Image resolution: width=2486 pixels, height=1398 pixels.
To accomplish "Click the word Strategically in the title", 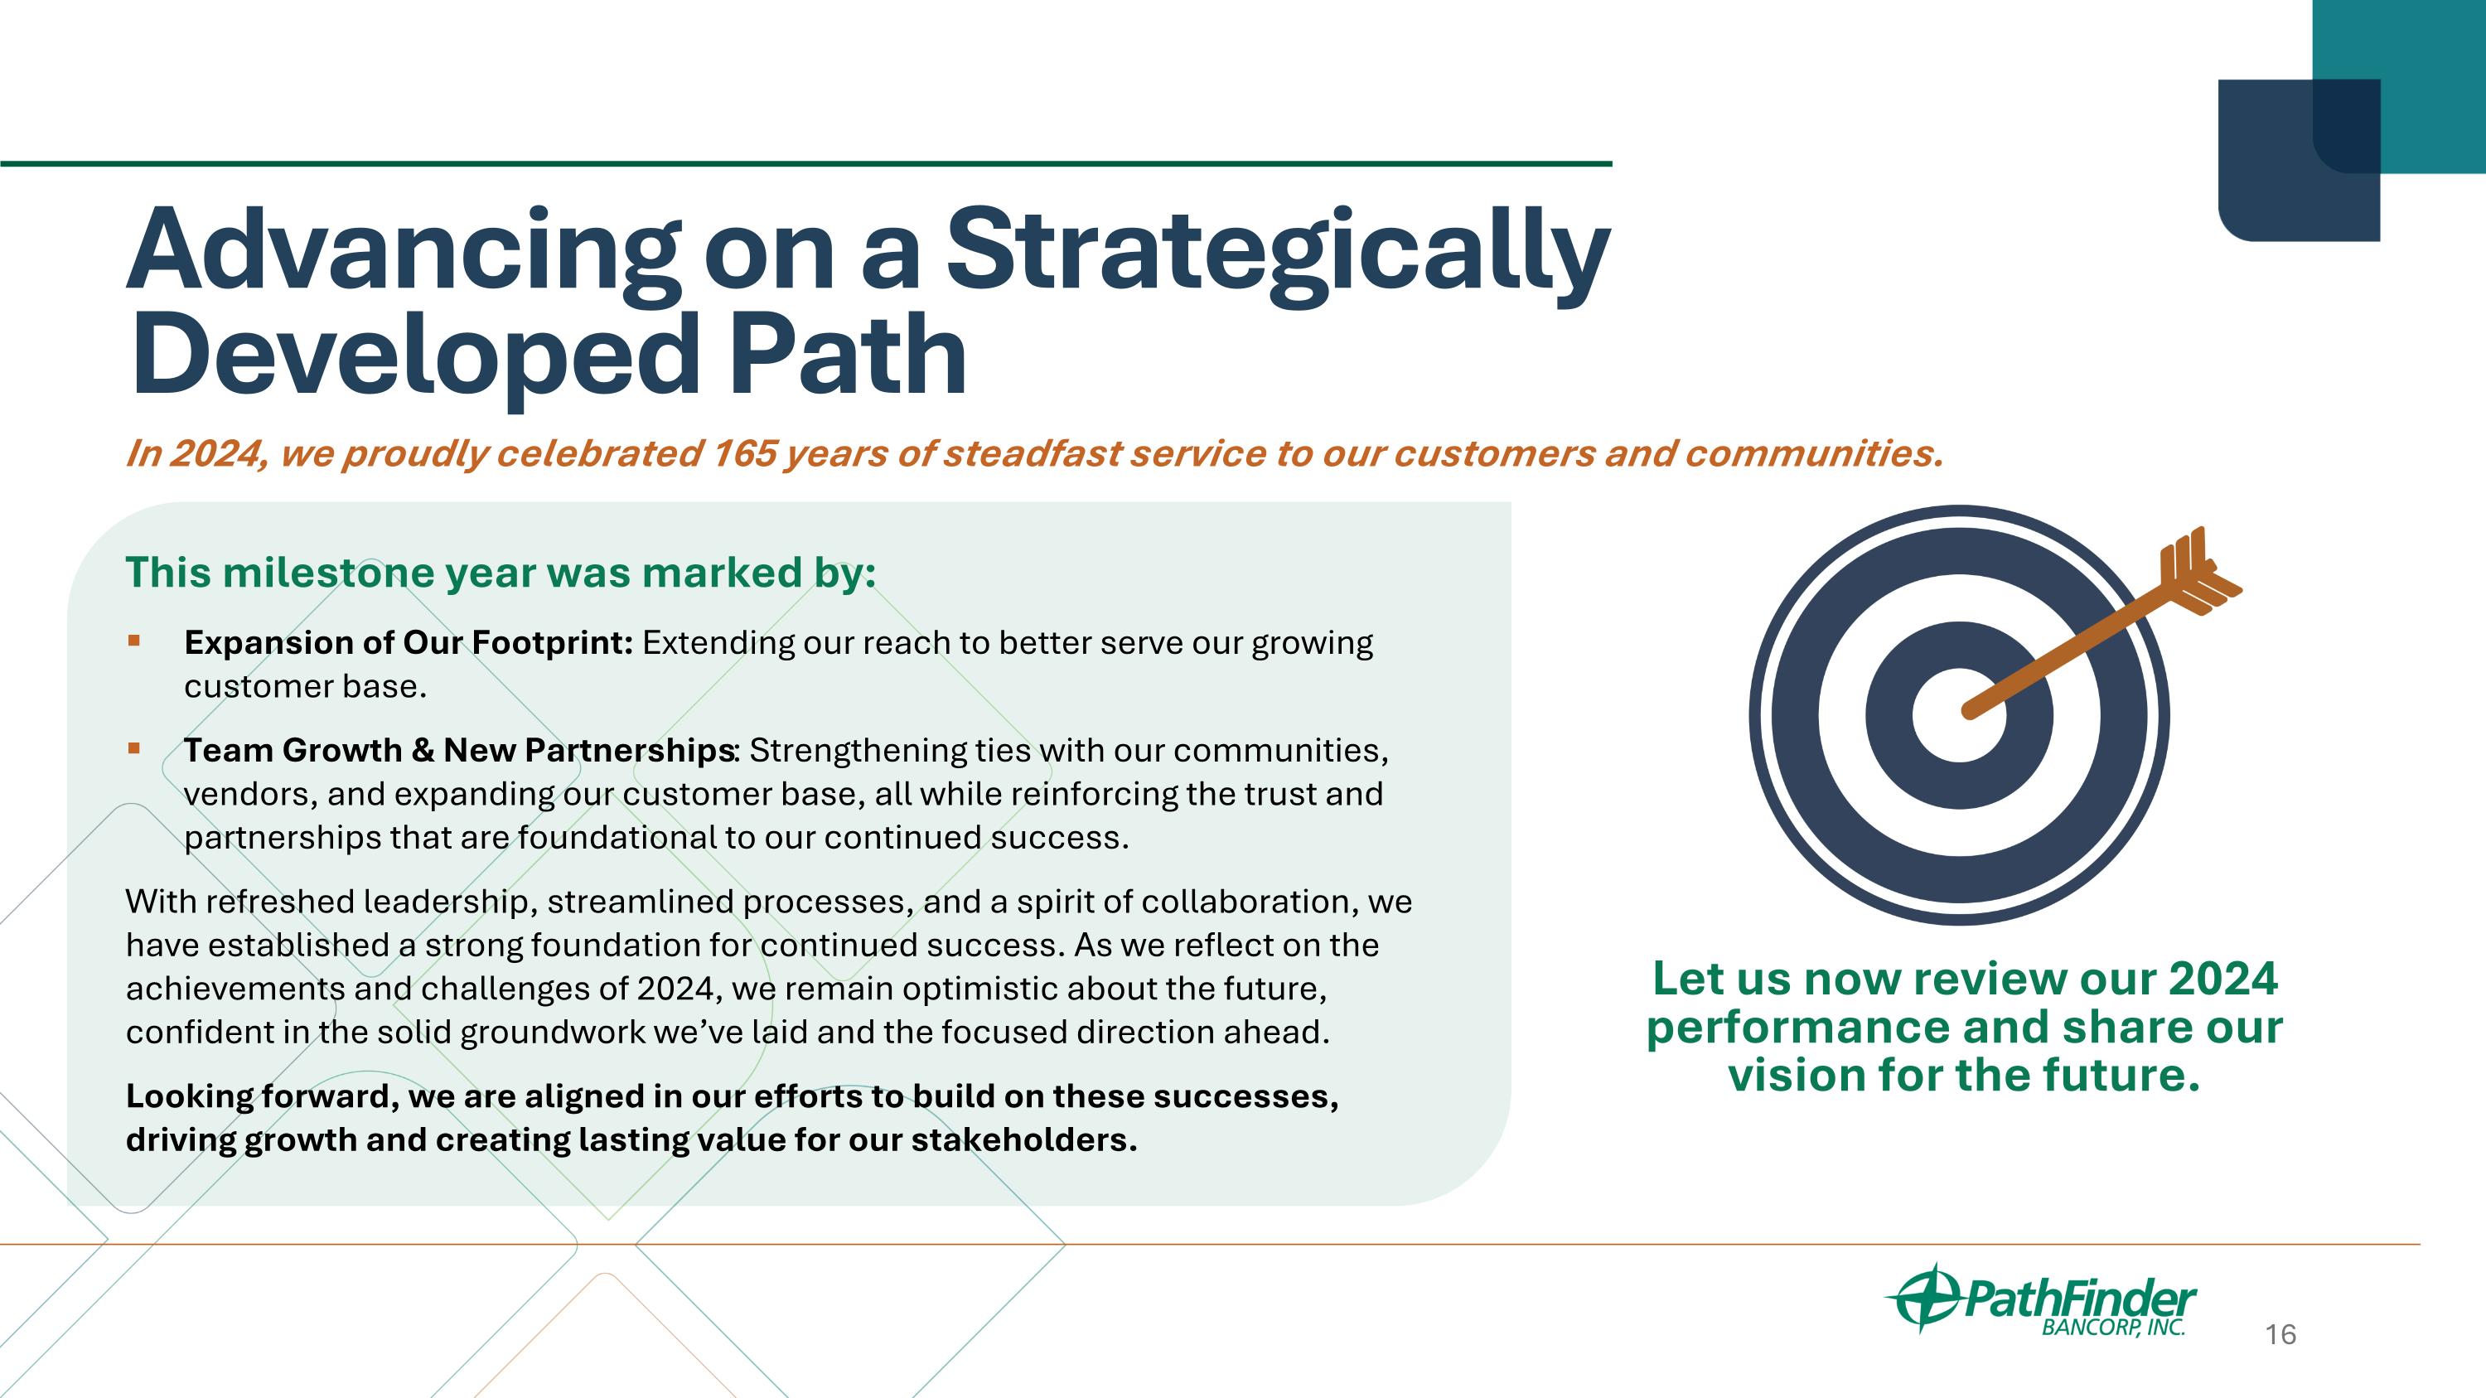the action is (1279, 253).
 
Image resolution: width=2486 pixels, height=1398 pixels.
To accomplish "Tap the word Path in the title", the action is (848, 354).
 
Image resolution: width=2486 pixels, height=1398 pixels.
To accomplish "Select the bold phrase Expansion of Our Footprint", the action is (409, 641).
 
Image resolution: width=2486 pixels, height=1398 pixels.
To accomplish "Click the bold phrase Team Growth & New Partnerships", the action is (459, 750).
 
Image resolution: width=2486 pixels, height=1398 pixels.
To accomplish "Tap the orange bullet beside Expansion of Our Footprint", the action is (134, 640).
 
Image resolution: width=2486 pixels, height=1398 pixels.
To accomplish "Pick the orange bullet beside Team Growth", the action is (134, 747).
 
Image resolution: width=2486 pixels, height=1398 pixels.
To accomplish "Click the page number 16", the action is (2280, 1334).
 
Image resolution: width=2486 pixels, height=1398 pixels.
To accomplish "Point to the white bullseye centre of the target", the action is (1959, 715).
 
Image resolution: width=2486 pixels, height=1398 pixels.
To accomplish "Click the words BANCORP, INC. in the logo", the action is (2113, 1328).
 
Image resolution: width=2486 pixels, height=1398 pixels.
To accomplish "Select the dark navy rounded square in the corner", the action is (2299, 160).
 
